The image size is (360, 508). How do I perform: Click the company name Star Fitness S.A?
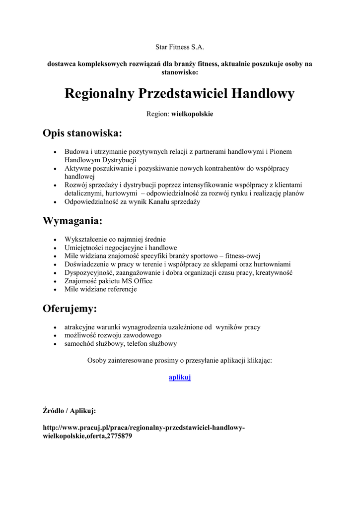(x=180, y=48)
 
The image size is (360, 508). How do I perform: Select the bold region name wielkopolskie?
(x=192, y=114)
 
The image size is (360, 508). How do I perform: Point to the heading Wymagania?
(x=72, y=221)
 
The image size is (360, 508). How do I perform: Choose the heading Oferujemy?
(x=70, y=309)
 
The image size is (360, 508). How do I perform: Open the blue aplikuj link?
(x=180, y=378)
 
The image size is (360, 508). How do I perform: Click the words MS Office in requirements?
(x=137, y=281)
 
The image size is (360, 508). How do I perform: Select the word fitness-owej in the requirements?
(x=243, y=255)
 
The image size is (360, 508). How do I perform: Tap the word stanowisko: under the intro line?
(x=180, y=72)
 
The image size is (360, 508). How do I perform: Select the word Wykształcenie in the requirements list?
(x=86, y=239)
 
